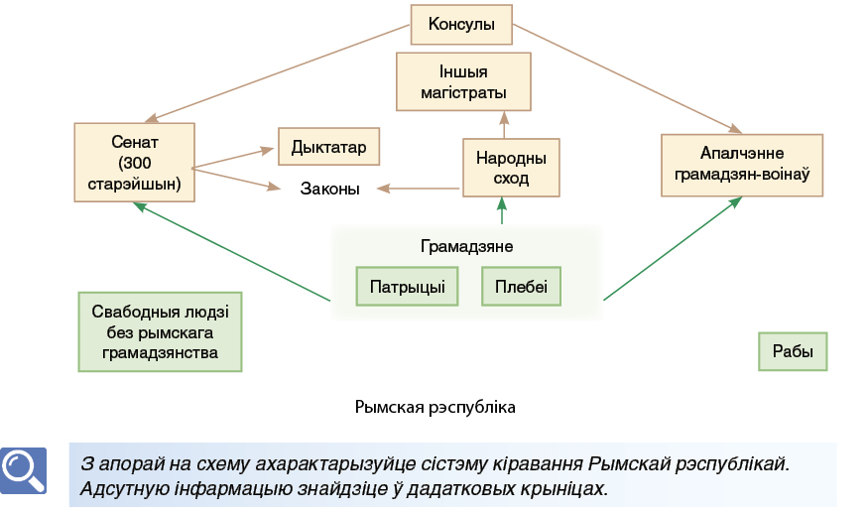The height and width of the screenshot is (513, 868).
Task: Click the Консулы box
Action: coord(461,25)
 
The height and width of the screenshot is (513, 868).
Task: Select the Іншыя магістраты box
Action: coord(463,82)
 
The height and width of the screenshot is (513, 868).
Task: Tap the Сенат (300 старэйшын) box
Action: coord(135,163)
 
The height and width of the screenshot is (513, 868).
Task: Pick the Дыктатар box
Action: coord(328,147)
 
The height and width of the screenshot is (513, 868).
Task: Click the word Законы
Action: coord(330,189)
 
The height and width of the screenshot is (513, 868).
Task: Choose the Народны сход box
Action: coord(511,168)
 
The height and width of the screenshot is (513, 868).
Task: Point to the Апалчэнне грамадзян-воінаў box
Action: coord(742,165)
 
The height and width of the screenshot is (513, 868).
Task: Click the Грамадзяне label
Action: coord(466,246)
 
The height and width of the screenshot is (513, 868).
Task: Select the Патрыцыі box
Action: coord(407,287)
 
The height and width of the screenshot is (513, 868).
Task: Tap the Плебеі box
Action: coord(521,287)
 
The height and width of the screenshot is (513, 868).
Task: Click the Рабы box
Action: coord(793,351)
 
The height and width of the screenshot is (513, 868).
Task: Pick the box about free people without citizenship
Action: coord(160,331)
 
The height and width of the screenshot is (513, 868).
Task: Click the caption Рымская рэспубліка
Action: coord(435,407)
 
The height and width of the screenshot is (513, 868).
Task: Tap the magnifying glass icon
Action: coord(23,470)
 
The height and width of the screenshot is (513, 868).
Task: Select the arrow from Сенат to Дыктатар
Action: coord(233,158)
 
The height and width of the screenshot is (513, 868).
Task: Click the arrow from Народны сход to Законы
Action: coord(418,189)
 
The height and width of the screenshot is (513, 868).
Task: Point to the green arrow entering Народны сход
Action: coord(502,210)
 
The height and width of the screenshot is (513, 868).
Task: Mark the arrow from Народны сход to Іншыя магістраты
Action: coord(504,125)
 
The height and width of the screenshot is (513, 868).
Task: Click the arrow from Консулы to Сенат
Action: coord(278,72)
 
